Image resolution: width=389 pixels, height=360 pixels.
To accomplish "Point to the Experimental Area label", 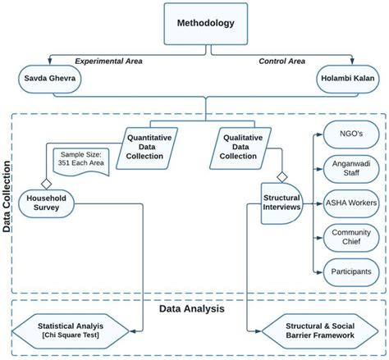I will [x=108, y=62].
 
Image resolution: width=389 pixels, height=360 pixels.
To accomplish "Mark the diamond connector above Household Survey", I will [x=47, y=182].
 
